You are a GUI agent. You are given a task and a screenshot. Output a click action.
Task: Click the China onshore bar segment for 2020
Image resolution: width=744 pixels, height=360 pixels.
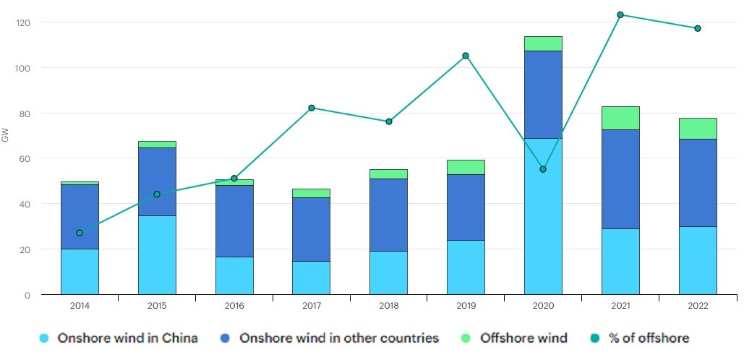click(x=543, y=216)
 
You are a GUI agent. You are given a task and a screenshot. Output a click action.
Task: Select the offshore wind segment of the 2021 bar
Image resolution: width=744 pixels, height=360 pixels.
click(x=620, y=118)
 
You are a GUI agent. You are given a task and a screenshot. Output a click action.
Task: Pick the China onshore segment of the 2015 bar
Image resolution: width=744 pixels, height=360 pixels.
click(x=157, y=254)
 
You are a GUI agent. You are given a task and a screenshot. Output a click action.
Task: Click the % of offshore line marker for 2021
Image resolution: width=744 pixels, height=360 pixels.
click(x=620, y=14)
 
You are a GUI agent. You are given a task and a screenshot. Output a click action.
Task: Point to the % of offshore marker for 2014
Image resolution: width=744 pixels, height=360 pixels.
click(x=80, y=233)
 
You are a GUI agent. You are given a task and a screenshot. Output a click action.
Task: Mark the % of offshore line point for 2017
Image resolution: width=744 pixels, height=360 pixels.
click(x=312, y=108)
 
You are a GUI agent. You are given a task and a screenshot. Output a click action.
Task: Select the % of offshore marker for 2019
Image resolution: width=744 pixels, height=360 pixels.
click(x=466, y=56)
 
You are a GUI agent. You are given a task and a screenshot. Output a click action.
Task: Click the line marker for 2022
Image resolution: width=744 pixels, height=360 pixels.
click(x=698, y=28)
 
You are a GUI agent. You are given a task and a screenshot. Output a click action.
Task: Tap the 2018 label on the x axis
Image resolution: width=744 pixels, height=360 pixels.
click(x=388, y=306)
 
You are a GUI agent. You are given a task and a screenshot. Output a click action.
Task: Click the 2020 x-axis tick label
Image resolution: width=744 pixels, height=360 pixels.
click(x=543, y=306)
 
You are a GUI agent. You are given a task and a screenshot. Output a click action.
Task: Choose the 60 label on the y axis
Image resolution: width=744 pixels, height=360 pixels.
click(x=26, y=158)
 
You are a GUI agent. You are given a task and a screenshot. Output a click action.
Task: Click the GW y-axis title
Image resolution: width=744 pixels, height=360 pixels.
click(x=6, y=135)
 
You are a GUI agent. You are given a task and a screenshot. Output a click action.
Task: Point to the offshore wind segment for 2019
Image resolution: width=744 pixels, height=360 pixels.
click(x=466, y=167)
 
